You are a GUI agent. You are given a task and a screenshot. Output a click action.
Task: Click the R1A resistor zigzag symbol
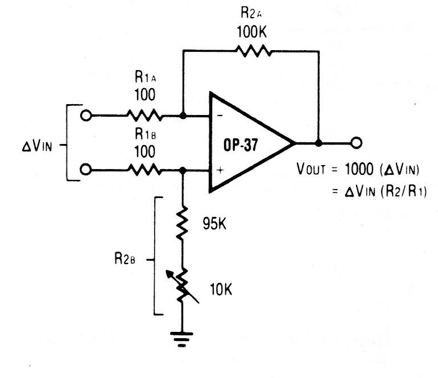coord(144,116)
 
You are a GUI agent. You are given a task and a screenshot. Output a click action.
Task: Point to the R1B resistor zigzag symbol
coord(144,170)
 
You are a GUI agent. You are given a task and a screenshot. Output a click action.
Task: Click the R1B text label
coord(144,135)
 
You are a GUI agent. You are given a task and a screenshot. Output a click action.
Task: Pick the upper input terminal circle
coord(86,116)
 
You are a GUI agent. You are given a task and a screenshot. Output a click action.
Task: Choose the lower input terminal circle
coord(86,170)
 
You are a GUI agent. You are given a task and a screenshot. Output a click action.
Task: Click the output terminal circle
coord(357,142)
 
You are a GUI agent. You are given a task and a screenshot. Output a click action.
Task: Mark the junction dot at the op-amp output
coord(319,142)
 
